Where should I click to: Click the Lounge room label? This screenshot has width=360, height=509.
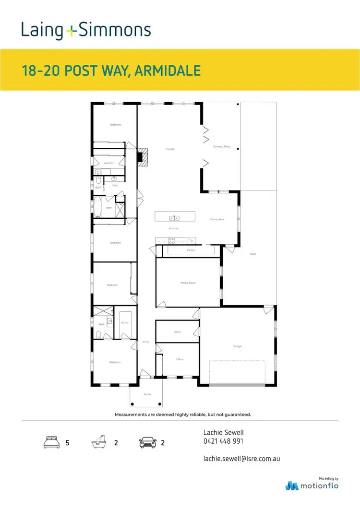click(169, 149)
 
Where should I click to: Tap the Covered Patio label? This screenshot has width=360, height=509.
click(222, 146)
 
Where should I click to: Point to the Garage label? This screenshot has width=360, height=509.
click(237, 346)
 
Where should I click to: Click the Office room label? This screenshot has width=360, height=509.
click(180, 359)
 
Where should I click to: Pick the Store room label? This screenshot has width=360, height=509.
click(178, 332)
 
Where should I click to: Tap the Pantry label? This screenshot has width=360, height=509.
click(191, 250)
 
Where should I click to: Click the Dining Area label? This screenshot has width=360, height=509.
click(217, 220)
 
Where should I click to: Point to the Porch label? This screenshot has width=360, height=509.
click(147, 394)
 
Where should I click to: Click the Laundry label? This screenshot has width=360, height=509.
click(108, 163)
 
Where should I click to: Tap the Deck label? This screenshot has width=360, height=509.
click(253, 254)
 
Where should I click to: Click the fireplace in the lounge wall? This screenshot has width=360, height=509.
click(141, 157)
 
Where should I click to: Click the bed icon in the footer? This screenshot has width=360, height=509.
click(51, 442)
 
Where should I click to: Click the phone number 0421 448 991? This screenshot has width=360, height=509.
click(223, 441)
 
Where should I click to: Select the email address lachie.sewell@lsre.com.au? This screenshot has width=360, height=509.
click(241, 459)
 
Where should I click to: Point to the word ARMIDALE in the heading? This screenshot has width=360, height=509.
click(167, 71)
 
